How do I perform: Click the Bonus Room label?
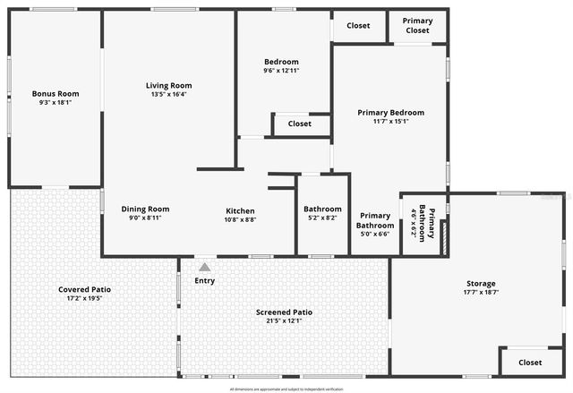[56, 93]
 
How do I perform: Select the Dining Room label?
[145, 209]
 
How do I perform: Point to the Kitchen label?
[240, 210]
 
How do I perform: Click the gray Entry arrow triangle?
[204, 267]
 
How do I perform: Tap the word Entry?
[204, 280]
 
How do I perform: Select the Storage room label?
[481, 283]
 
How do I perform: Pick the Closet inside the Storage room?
[530, 363]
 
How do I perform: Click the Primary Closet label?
[417, 25]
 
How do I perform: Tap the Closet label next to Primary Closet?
[357, 25]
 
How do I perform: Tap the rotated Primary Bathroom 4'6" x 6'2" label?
[423, 223]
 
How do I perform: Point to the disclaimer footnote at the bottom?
[286, 389]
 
